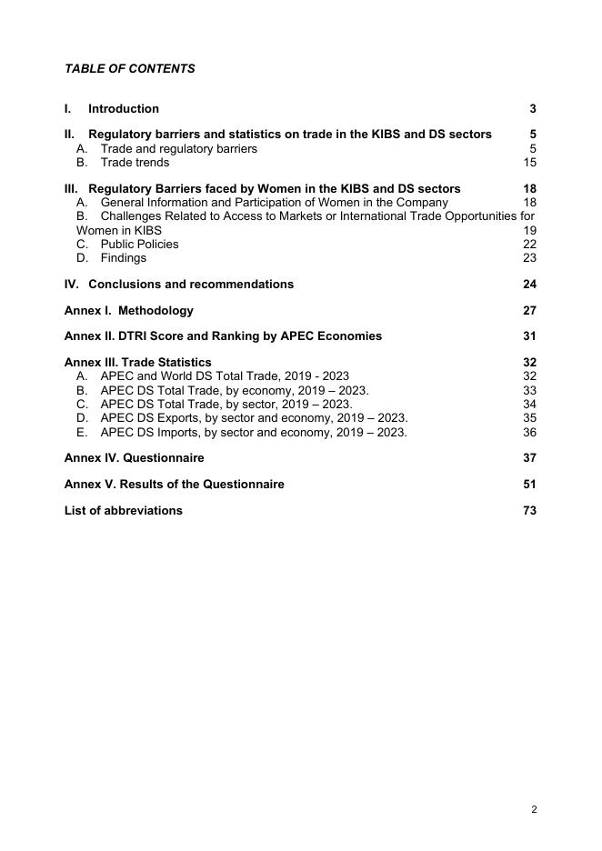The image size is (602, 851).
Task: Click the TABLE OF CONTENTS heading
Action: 129,68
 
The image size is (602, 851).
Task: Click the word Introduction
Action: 124,108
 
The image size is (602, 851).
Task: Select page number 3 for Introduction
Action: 532,108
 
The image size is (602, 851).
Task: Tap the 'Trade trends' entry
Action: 135,163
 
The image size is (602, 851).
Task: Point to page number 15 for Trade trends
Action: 529,163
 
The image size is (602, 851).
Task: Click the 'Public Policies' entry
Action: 139,244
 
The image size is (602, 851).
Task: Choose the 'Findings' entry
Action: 123,257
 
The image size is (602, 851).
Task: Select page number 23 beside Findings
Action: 529,257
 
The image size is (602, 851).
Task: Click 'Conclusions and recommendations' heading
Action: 191,285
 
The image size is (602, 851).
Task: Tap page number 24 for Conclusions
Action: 529,285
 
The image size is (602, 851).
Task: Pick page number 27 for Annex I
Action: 529,310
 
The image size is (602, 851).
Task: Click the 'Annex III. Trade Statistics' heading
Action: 137,362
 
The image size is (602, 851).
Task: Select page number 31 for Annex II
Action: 529,335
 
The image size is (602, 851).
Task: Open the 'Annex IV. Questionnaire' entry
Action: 134,457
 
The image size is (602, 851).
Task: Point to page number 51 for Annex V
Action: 529,484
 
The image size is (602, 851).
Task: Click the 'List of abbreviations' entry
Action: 123,510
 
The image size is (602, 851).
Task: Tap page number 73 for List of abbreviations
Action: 529,510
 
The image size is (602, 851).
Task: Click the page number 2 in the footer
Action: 534,809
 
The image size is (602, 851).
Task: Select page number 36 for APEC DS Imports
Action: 529,432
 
